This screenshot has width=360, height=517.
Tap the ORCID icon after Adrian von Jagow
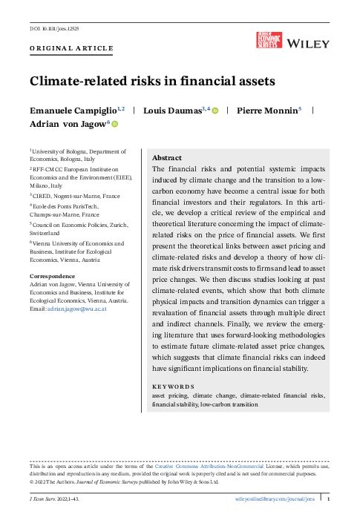(x=114, y=125)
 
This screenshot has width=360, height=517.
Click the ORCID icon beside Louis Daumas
(x=215, y=111)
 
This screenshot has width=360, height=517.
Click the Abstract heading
(x=167, y=158)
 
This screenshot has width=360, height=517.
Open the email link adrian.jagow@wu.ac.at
(x=78, y=309)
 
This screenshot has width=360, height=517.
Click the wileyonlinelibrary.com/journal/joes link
(x=275, y=500)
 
